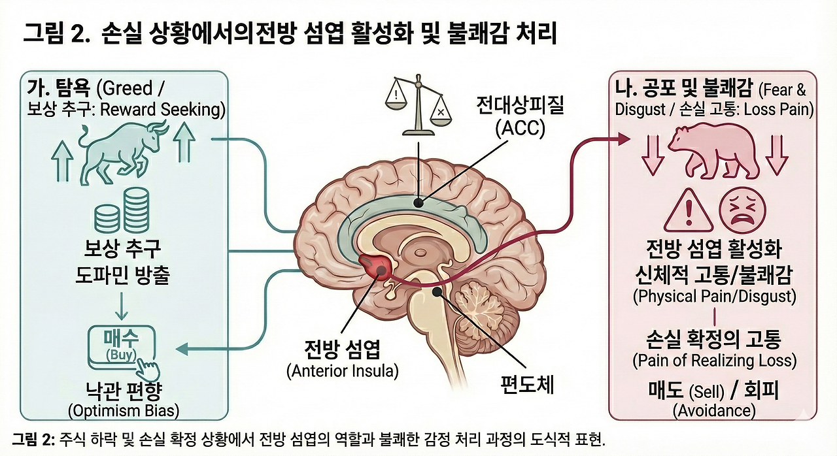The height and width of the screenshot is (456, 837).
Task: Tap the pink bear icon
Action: point(712,150)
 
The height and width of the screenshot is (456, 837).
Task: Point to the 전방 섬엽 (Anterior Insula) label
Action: point(343,359)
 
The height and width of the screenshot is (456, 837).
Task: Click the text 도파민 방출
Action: point(122,276)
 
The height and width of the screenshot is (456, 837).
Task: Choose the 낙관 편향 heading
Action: point(122,391)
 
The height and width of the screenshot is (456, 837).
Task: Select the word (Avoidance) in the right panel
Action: point(713,410)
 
